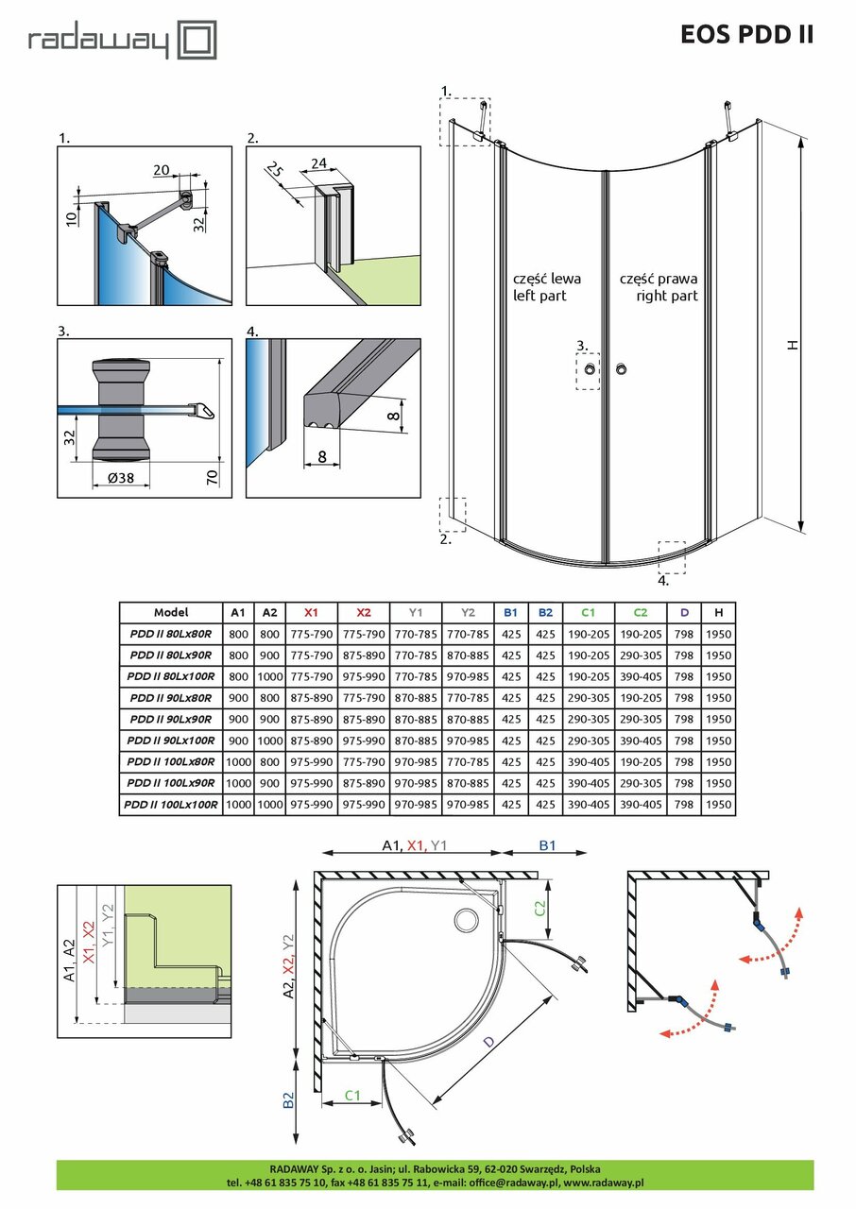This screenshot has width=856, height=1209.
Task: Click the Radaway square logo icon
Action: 198,42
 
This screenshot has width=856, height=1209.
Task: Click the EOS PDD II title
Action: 746,35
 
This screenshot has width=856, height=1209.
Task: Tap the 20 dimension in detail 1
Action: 161,169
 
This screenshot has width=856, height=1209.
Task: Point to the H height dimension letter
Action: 794,345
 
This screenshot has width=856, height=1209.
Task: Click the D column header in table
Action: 683,612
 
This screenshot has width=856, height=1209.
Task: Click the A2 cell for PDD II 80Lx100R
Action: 270,676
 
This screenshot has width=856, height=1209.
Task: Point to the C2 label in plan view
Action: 539,909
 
